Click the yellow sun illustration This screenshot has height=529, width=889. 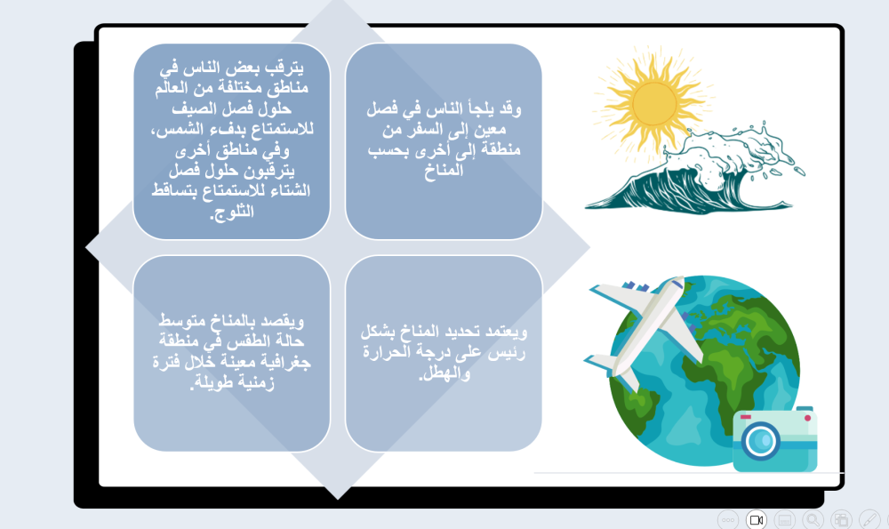(x=655, y=103)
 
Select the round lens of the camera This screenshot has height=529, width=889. (x=761, y=440)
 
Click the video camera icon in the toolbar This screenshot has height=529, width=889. (x=756, y=519)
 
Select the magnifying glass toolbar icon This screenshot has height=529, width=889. (x=813, y=519)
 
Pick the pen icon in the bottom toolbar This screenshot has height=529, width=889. (x=869, y=519)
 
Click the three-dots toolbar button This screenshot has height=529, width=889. (x=727, y=519)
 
